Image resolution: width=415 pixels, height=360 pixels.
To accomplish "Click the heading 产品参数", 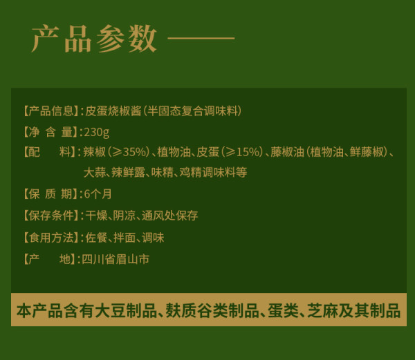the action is pyautogui.click(x=94, y=39).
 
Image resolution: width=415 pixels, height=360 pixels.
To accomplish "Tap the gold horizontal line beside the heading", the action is pyautogui.click(x=201, y=38).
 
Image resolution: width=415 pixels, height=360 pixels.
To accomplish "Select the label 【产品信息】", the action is pyautogui.click(x=50, y=111).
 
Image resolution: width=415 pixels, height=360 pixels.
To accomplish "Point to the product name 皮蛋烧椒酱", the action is pyautogui.click(x=113, y=111).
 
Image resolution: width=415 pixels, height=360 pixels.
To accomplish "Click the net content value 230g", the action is pyautogui.click(x=97, y=132).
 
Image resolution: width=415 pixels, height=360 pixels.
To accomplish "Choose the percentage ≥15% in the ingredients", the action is pyautogui.click(x=241, y=152).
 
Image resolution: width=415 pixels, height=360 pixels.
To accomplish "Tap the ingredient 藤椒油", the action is pyautogui.click(x=288, y=152).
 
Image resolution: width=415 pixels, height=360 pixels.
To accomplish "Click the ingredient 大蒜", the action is pyautogui.click(x=95, y=173).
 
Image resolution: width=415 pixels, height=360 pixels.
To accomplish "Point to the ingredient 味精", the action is pyautogui.click(x=163, y=173).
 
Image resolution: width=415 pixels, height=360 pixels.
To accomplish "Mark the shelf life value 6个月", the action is pyautogui.click(x=98, y=194).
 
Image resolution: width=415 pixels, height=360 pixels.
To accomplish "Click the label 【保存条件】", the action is pyautogui.click(x=50, y=216).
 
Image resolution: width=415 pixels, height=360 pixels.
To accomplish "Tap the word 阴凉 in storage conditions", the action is pyautogui.click(x=124, y=216).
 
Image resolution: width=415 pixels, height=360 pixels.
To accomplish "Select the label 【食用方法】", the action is pyautogui.click(x=50, y=238).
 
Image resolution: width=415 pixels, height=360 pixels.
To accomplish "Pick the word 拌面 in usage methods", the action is pyautogui.click(x=124, y=238).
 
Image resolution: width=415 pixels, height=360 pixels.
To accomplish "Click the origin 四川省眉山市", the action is pyautogui.click(x=116, y=259).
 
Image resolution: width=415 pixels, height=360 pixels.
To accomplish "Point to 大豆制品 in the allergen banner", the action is pyautogui.click(x=126, y=310).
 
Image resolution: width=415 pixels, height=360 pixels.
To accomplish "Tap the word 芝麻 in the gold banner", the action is pyautogui.click(x=322, y=310).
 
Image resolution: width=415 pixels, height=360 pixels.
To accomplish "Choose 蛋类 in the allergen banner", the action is pyautogui.click(x=283, y=310).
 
